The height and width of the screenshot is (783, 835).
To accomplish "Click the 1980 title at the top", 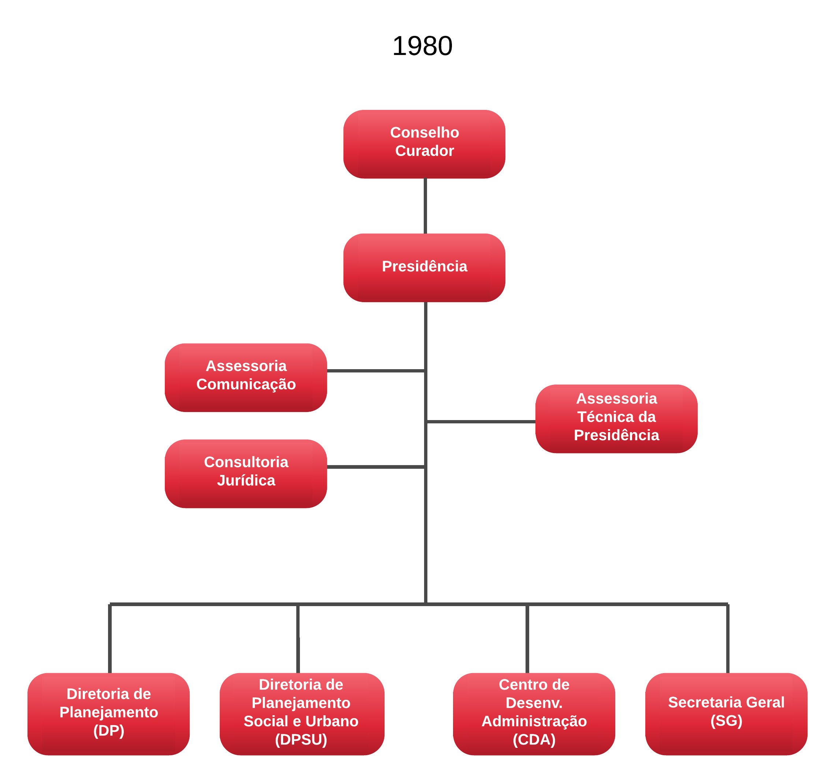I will (422, 46).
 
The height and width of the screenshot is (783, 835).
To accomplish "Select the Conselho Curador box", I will (424, 144).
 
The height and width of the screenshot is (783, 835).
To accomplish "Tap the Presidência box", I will (424, 268).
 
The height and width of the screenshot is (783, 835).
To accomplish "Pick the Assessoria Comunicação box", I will (246, 377).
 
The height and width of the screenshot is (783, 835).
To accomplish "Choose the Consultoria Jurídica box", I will (246, 474).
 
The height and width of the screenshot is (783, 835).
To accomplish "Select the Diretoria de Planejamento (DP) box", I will (108, 714).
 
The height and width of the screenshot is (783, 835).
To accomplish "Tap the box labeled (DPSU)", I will (301, 714).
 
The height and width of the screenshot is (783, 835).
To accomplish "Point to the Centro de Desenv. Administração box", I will (534, 714).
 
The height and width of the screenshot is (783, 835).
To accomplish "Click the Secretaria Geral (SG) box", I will (726, 714).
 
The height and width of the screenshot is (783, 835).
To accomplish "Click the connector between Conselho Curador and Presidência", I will (426, 206).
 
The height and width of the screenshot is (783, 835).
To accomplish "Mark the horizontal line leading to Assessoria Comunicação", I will (376, 371).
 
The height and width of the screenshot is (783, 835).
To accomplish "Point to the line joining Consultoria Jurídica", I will (376, 467).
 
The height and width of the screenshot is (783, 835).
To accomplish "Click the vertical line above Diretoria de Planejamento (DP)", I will (110, 638).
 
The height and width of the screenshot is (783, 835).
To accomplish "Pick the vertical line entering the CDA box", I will (527, 638).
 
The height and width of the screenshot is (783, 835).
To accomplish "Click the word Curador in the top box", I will (424, 151).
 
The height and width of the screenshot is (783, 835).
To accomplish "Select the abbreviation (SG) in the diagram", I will (726, 721).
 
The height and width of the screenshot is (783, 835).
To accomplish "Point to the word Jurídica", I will (246, 480).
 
